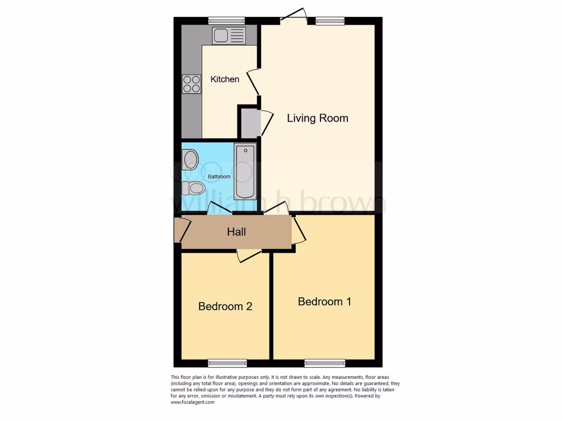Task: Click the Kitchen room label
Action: [x=225, y=79]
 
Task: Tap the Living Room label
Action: [x=317, y=118]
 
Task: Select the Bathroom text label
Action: [x=219, y=177]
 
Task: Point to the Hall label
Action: [x=237, y=232]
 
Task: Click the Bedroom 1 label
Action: [x=324, y=301]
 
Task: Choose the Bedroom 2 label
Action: [x=225, y=306]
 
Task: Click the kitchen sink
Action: [x=229, y=36]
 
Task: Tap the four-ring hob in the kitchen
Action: [x=192, y=84]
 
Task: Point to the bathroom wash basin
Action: [x=190, y=160]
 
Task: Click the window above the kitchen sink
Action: [x=226, y=21]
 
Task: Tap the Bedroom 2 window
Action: [x=227, y=363]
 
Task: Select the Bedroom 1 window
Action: [x=325, y=363]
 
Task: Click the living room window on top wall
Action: [x=330, y=21]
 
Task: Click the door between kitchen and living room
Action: [x=253, y=82]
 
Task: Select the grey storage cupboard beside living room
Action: [x=249, y=123]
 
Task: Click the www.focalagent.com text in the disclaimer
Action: [x=193, y=402]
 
